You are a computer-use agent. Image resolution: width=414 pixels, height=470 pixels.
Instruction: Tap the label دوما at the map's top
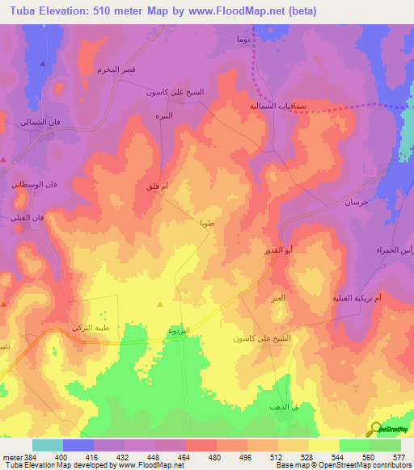click(243, 38)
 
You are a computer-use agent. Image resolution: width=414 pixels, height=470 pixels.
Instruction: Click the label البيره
click(186, 115)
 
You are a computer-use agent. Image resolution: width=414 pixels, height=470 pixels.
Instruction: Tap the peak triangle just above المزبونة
click(160, 304)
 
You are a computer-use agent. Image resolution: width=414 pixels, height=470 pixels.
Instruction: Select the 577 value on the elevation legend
click(401, 457)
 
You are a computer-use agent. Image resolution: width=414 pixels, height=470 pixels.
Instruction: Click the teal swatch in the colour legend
click(48, 445)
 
